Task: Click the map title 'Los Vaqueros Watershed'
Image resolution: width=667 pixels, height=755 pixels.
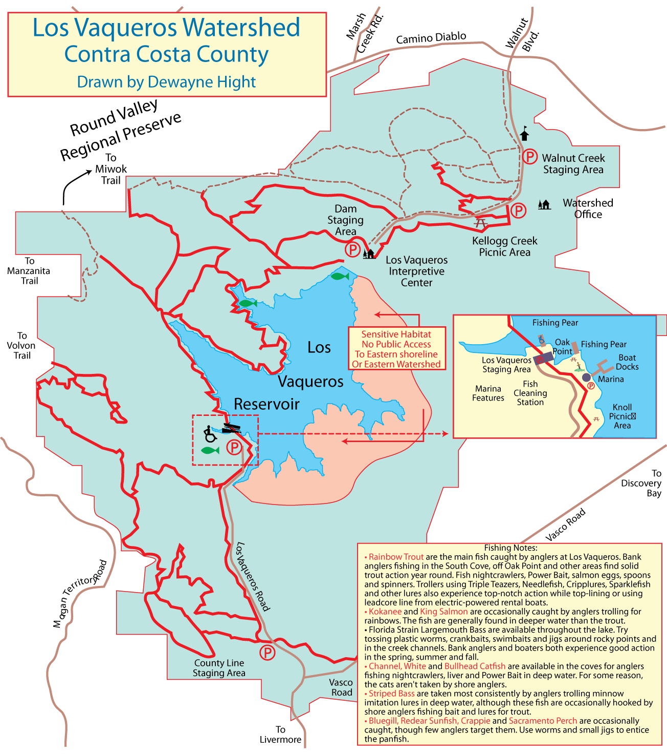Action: click(x=166, y=28)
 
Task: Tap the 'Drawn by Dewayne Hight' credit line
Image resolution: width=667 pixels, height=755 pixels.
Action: click(x=166, y=82)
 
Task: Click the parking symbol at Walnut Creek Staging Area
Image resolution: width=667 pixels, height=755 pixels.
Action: click(x=529, y=156)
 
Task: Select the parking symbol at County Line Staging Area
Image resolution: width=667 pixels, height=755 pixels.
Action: click(x=267, y=653)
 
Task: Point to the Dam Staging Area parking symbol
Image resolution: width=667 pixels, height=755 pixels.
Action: click(x=352, y=249)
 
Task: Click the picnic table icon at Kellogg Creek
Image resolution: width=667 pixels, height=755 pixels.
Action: click(x=480, y=223)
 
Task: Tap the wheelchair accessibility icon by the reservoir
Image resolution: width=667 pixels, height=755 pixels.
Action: click(x=210, y=434)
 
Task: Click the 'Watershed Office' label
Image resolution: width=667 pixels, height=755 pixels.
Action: click(x=588, y=208)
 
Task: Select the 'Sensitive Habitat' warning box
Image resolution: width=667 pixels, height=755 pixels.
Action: click(x=396, y=349)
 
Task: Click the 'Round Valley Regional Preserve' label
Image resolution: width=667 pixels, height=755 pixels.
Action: click(x=120, y=131)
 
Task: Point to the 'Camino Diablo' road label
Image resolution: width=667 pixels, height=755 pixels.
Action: click(x=431, y=37)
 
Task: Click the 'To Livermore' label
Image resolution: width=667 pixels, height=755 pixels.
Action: click(x=280, y=735)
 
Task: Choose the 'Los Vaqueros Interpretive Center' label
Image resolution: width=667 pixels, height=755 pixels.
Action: click(x=416, y=271)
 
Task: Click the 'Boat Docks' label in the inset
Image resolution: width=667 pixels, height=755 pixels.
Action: click(x=627, y=362)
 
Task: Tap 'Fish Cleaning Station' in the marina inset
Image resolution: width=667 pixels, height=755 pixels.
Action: click(x=530, y=393)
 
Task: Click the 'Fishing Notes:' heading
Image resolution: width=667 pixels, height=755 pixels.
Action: click(x=510, y=548)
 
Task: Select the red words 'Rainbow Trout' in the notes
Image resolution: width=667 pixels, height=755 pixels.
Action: click(x=396, y=557)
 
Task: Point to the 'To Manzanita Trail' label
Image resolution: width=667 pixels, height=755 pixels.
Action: click(x=29, y=270)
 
